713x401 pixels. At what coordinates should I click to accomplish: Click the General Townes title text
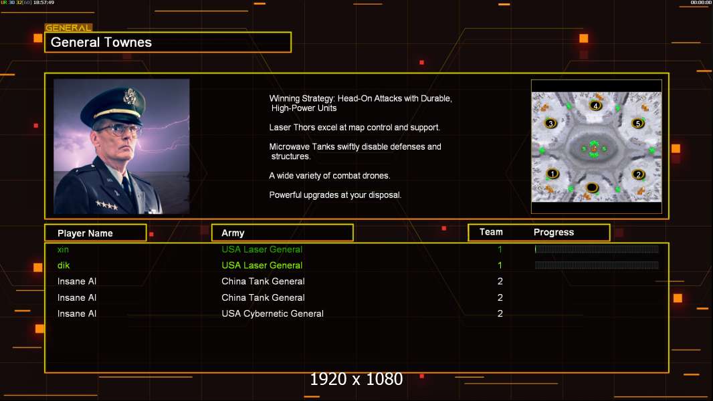(x=102, y=42)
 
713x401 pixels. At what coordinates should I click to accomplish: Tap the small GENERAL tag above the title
(x=68, y=28)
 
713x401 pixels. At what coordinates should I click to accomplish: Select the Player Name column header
(x=85, y=233)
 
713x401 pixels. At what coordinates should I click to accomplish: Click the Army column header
(x=233, y=233)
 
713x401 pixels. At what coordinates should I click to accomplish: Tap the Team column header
(x=491, y=232)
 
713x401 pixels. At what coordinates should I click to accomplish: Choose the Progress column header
(x=554, y=233)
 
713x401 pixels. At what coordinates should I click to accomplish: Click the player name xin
(x=63, y=249)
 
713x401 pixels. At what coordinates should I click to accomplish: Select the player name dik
(x=64, y=265)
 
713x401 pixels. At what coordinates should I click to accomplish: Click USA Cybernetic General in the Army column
(x=272, y=313)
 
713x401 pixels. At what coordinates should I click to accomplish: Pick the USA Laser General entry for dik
(x=262, y=265)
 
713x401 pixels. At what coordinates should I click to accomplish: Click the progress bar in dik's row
(x=597, y=265)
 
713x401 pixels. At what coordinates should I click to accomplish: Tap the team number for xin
(x=500, y=249)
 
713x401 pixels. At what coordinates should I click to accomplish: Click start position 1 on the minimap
(x=552, y=174)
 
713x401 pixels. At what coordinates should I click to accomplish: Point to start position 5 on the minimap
(x=638, y=124)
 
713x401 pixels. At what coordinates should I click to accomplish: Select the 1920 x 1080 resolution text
(x=356, y=380)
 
